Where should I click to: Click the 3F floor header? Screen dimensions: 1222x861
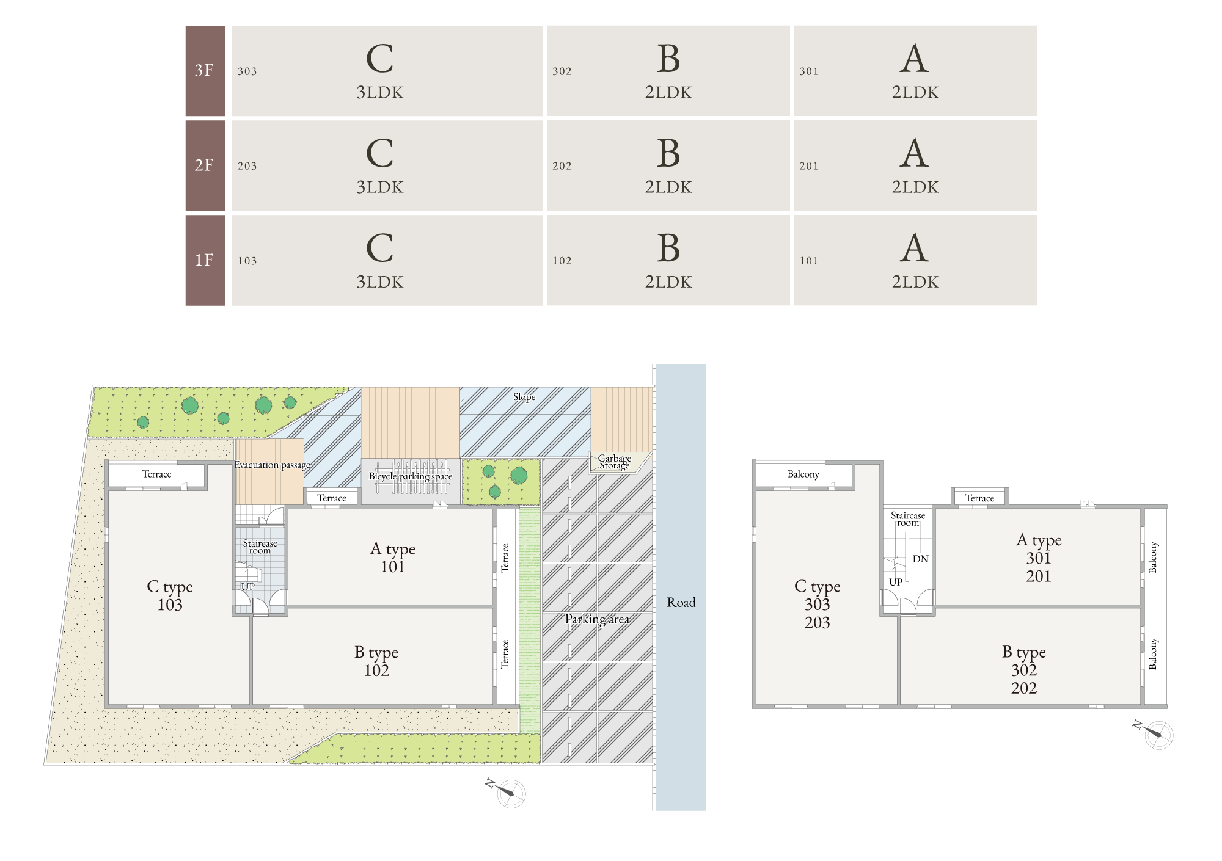click(x=205, y=71)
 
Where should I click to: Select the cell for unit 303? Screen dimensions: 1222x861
click(x=387, y=71)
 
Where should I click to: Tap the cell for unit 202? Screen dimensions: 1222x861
click(x=668, y=165)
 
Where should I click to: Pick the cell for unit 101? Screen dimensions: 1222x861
click(x=915, y=260)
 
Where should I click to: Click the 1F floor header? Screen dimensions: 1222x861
click(x=205, y=260)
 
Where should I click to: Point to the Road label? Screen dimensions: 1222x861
click(x=681, y=603)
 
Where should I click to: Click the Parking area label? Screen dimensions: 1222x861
click(x=597, y=619)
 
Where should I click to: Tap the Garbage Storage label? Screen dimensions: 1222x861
click(x=615, y=462)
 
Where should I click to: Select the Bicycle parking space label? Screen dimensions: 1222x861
click(x=411, y=476)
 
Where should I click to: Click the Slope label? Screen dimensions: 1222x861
click(x=524, y=397)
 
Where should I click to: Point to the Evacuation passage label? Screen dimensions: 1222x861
click(x=273, y=465)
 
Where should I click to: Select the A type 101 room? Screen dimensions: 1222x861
click(x=390, y=557)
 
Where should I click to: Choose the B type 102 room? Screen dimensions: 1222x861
click(x=373, y=656)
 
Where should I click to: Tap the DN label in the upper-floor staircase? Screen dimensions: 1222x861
click(x=920, y=559)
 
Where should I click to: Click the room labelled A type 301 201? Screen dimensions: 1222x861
click(x=1038, y=557)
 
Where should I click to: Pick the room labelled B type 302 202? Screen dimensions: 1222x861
click(x=1020, y=656)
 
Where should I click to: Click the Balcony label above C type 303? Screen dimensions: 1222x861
click(x=803, y=474)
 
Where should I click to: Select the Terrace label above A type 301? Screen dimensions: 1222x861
click(x=979, y=498)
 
